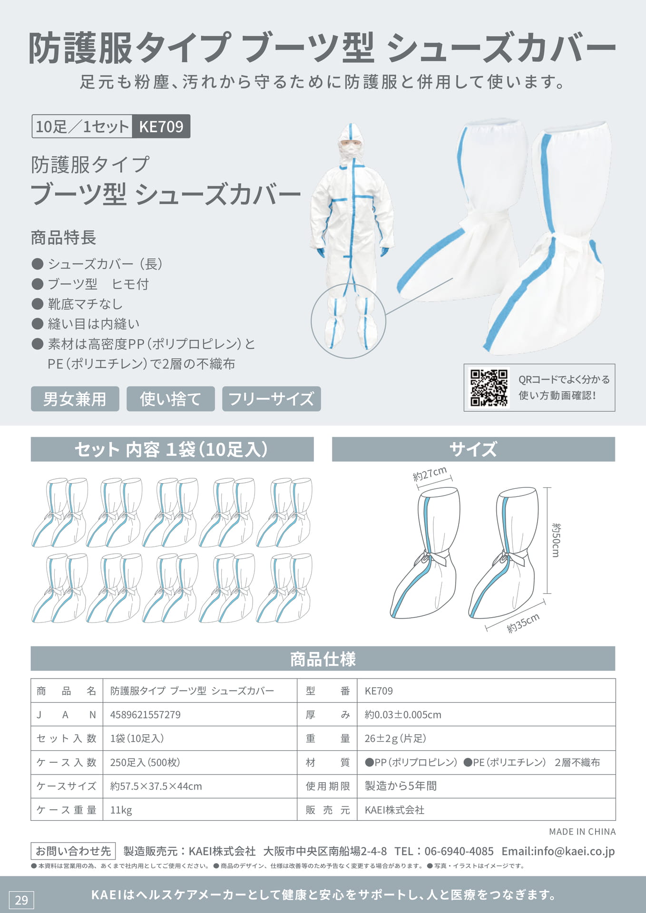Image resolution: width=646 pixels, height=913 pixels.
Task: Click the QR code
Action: pyautogui.click(x=489, y=388)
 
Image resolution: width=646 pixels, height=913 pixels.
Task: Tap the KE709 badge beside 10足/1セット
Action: pyautogui.click(x=161, y=126)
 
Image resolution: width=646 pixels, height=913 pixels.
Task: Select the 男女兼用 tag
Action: pyautogui.click(x=75, y=398)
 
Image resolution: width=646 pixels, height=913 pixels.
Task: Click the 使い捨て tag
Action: pyautogui.click(x=170, y=398)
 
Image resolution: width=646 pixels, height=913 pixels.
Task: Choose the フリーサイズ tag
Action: pyautogui.click(x=271, y=398)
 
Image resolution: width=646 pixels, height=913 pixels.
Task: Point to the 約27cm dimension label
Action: pyautogui.click(x=430, y=474)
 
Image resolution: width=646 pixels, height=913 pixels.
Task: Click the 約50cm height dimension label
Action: pyautogui.click(x=556, y=540)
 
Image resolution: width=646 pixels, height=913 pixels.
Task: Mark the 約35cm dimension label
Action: pyautogui.click(x=523, y=623)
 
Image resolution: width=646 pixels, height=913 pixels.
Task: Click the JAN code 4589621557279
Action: pyautogui.click(x=146, y=715)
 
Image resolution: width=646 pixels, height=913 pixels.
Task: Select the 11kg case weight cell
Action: pyautogui.click(x=121, y=810)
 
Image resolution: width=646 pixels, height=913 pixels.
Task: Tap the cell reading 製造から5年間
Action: pyautogui.click(x=401, y=786)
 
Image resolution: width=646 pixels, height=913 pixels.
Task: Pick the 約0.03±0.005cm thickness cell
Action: pyautogui.click(x=403, y=715)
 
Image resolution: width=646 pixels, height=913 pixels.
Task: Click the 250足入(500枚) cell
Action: pyautogui.click(x=145, y=762)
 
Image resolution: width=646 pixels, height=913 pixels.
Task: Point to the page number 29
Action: pyautogui.click(x=21, y=900)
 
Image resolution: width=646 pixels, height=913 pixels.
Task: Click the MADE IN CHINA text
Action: pyautogui.click(x=582, y=832)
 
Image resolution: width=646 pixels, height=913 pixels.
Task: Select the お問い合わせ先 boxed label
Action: pyautogui.click(x=73, y=851)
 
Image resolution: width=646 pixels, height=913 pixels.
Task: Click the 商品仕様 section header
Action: pyautogui.click(x=323, y=659)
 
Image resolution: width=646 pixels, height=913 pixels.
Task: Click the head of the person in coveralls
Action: pyautogui.click(x=351, y=143)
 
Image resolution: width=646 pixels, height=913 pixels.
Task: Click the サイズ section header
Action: pyautogui.click(x=473, y=449)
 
